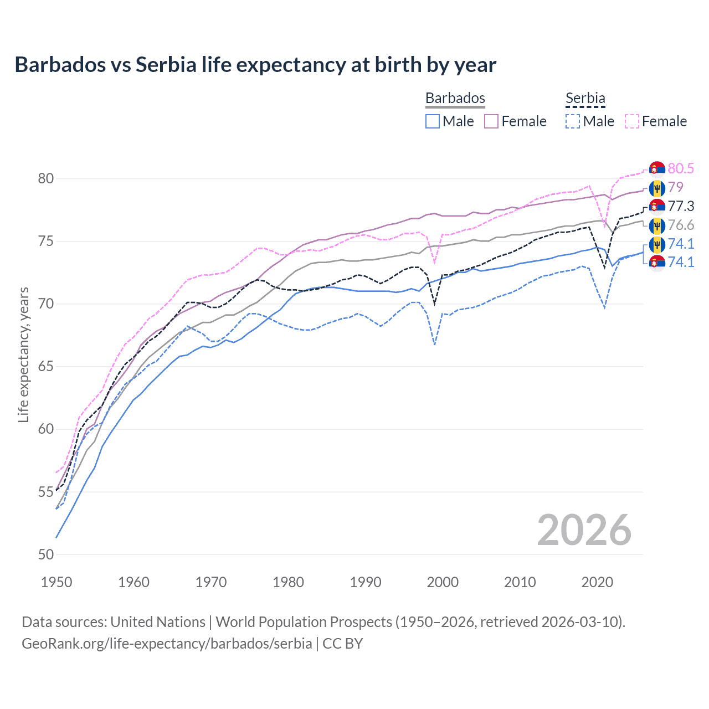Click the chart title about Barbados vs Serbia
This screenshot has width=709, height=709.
coord(255,65)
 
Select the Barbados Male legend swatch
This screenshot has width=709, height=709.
coord(433,121)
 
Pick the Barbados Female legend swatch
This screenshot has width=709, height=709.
coord(491,121)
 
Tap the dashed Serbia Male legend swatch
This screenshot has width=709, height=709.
coord(573,121)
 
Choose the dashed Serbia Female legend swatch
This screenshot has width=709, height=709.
coord(632,121)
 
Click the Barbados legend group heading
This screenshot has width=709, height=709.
coord(455,98)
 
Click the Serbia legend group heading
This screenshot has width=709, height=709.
coord(585,98)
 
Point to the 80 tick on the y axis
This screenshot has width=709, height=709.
coord(46,178)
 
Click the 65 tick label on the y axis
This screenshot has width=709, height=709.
coord(46,367)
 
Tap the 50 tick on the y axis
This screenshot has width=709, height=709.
coord(46,554)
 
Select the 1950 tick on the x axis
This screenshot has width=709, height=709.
coord(56,582)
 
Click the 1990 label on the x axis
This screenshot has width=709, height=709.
coord(365,582)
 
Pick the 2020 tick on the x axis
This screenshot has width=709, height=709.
coord(597,582)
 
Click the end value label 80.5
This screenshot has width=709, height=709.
coord(681,168)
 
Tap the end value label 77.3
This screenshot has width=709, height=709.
coord(681,206)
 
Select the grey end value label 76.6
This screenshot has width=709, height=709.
coord(681,225)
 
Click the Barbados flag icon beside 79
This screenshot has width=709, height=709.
coord(657,188)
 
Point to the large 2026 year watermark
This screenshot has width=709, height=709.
coord(584,530)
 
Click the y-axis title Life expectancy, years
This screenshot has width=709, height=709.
coord(24,354)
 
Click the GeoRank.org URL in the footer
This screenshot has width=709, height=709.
coord(167,644)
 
